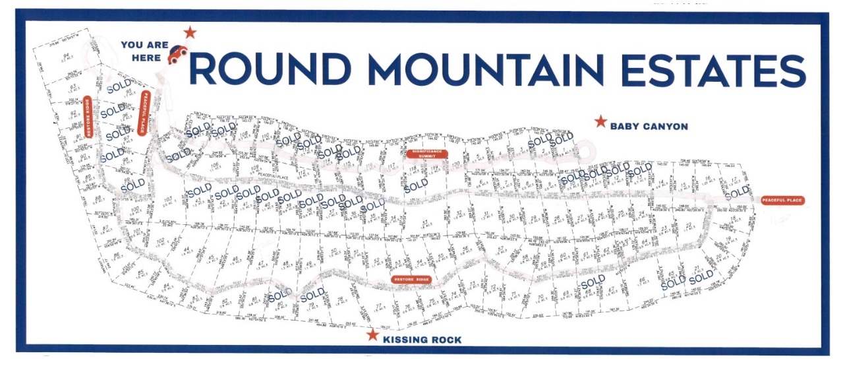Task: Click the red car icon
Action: [x=177, y=55]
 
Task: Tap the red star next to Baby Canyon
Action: [x=600, y=122]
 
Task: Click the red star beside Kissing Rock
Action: [x=373, y=336]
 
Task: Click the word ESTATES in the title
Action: [x=706, y=68]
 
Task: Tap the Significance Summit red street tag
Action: [x=426, y=154]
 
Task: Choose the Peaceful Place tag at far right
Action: [x=783, y=201]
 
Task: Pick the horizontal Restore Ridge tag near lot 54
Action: [x=412, y=280]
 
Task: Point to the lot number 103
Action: [x=169, y=199]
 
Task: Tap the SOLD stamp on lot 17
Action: [x=737, y=193]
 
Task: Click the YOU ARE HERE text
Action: [x=141, y=51]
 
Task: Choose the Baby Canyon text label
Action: [x=649, y=126]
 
